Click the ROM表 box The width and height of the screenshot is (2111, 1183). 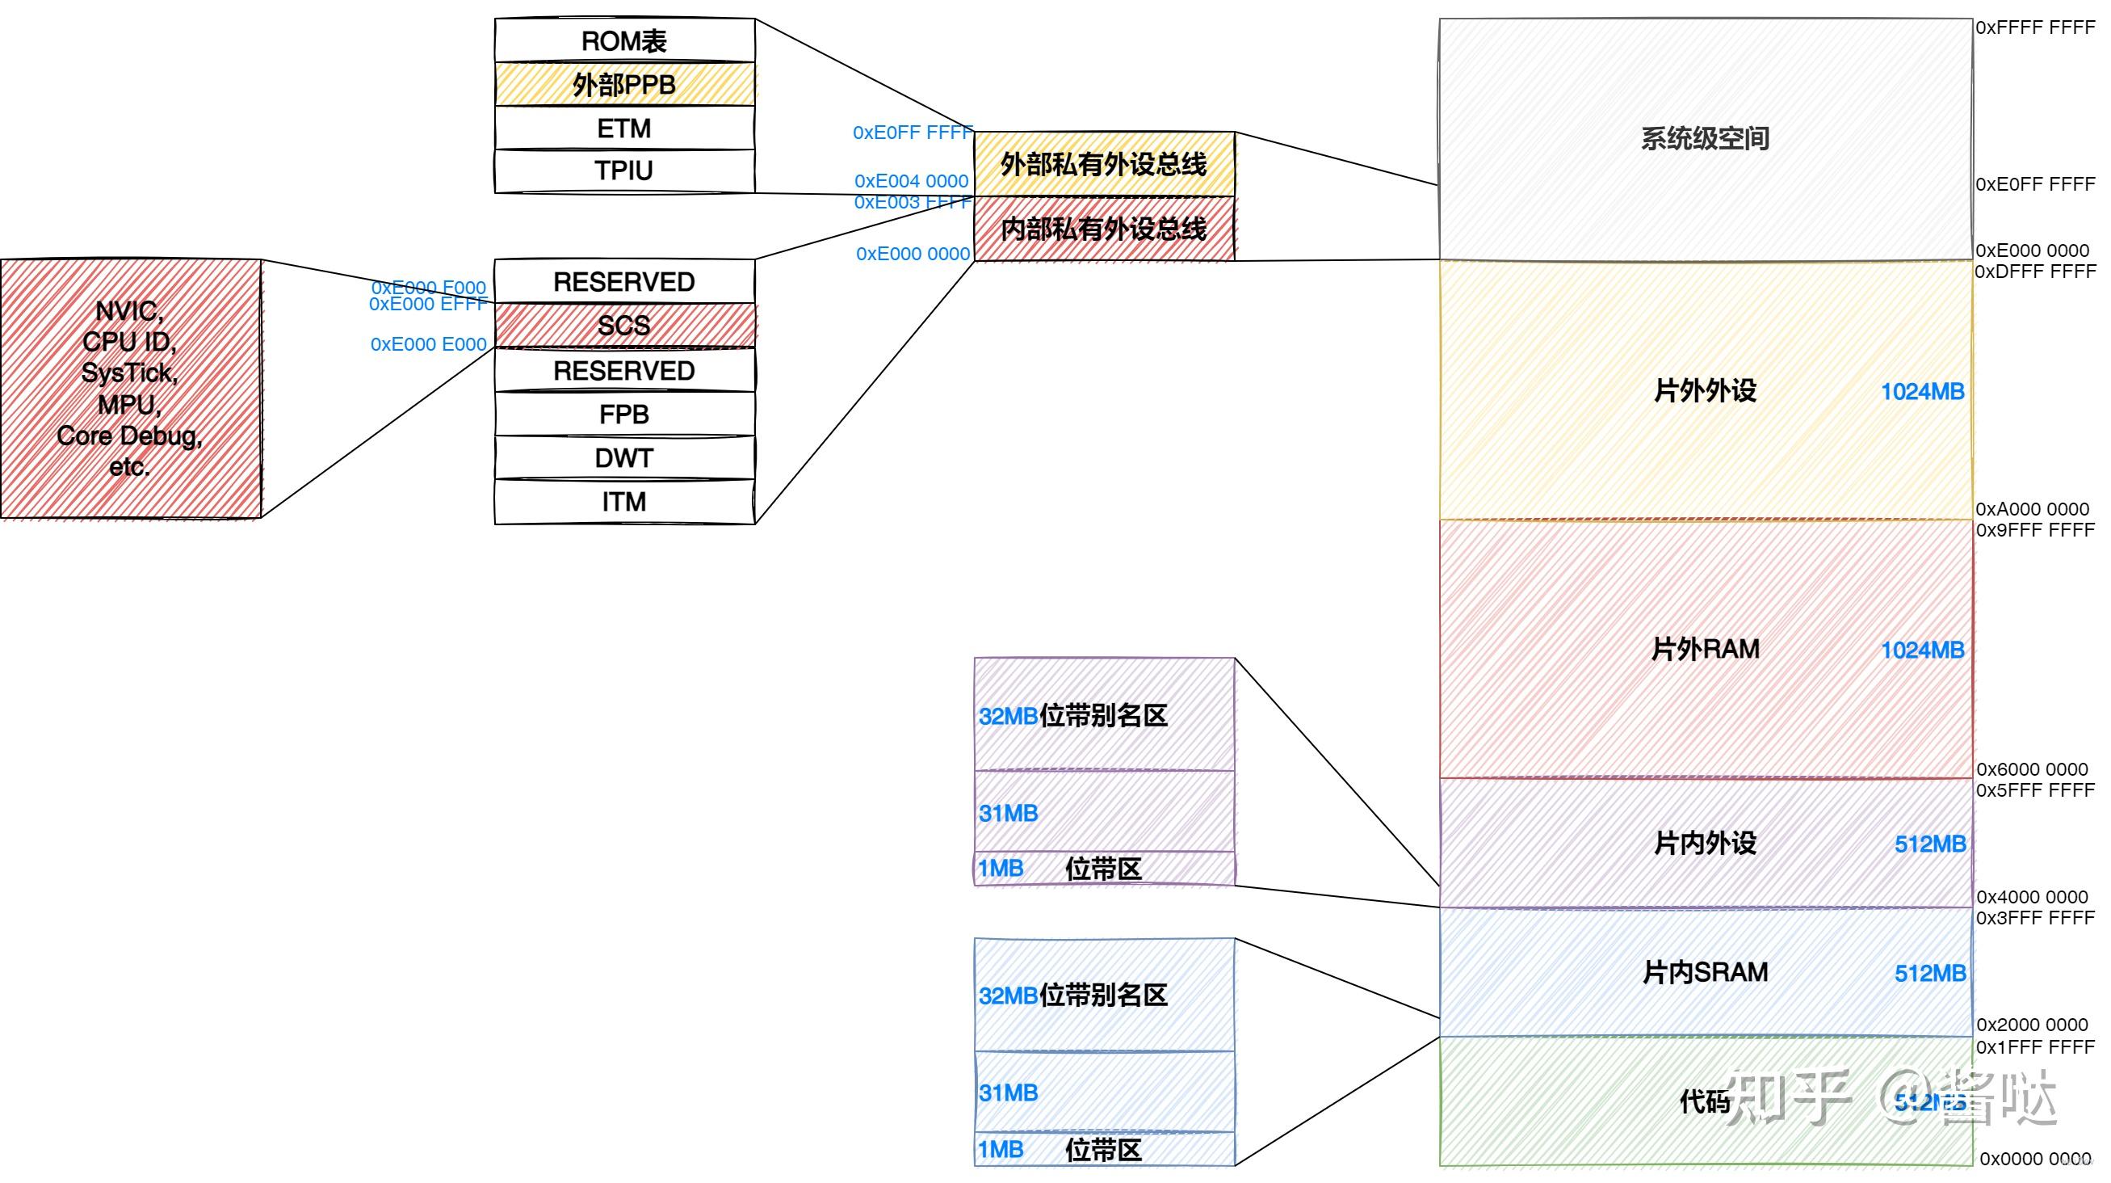click(x=623, y=40)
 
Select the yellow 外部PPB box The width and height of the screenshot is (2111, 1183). click(x=623, y=84)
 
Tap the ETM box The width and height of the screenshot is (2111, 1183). click(x=623, y=128)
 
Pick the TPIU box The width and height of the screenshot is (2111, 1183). click(x=623, y=171)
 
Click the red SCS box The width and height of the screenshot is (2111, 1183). click(x=623, y=326)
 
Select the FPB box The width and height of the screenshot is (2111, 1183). click(x=623, y=414)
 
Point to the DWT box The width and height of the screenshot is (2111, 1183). click(x=623, y=457)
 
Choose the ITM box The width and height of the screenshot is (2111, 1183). click(x=623, y=501)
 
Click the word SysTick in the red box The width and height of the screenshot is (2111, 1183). click(x=128, y=373)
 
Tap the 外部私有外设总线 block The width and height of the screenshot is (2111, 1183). click(x=1103, y=164)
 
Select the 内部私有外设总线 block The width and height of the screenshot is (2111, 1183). click(x=1103, y=229)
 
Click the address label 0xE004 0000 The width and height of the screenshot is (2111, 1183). click(x=910, y=181)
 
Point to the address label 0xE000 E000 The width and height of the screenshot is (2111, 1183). click(x=428, y=344)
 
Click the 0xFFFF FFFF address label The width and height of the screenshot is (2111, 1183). click(x=2034, y=27)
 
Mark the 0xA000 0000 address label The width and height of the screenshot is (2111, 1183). click(x=2032, y=509)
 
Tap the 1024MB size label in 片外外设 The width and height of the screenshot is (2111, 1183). click(x=1922, y=392)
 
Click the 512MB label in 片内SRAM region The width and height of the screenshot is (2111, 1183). click(x=1929, y=973)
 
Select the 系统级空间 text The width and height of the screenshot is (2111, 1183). click(x=1705, y=138)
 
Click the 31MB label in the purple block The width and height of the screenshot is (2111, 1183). click(x=1008, y=813)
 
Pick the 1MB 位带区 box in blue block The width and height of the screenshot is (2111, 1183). click(x=1103, y=1149)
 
